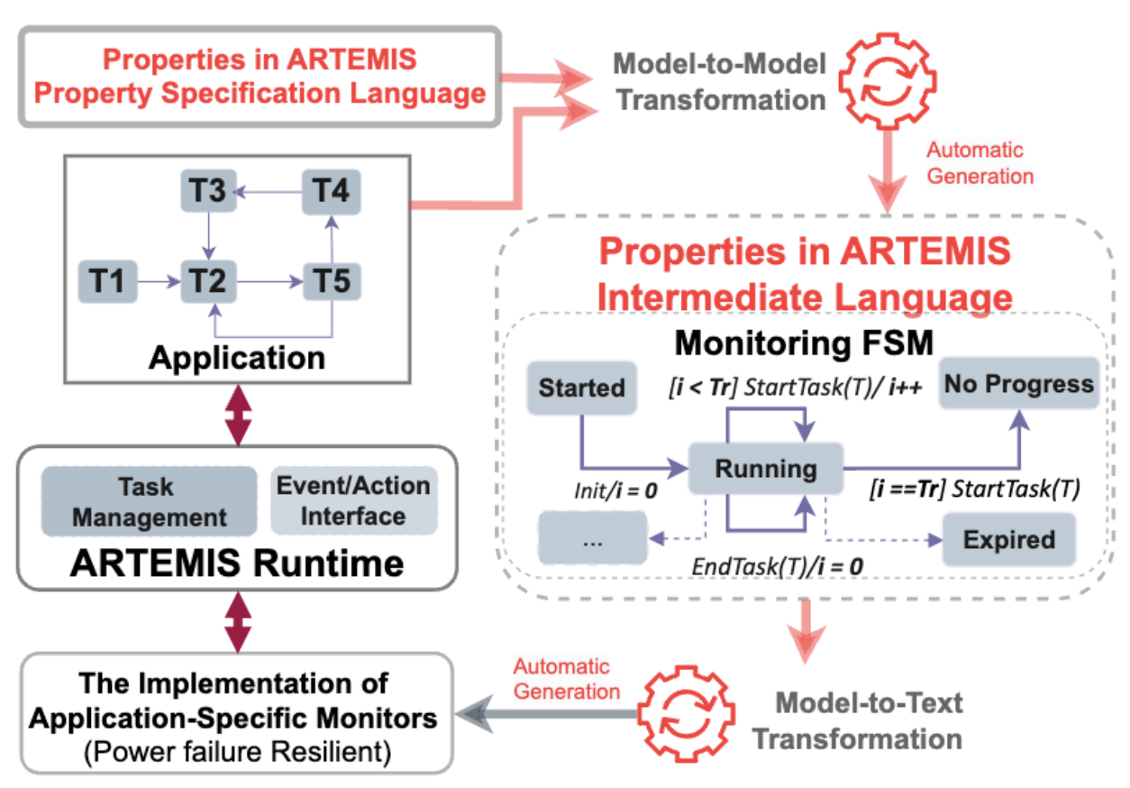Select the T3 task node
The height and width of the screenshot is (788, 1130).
[209, 192]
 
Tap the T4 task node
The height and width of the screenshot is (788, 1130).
[332, 192]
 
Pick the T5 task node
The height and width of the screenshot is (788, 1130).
[332, 281]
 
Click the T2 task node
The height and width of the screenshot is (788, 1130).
[209, 281]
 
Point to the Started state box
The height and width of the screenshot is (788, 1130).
[582, 388]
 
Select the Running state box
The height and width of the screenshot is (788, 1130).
[765, 469]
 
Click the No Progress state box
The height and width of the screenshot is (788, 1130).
[1018, 385]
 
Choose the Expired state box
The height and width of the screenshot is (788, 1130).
[1008, 540]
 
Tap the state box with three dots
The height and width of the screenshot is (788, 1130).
[593, 540]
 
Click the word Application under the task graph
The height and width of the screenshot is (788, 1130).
[237, 358]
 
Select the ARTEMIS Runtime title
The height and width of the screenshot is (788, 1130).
[237, 564]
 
